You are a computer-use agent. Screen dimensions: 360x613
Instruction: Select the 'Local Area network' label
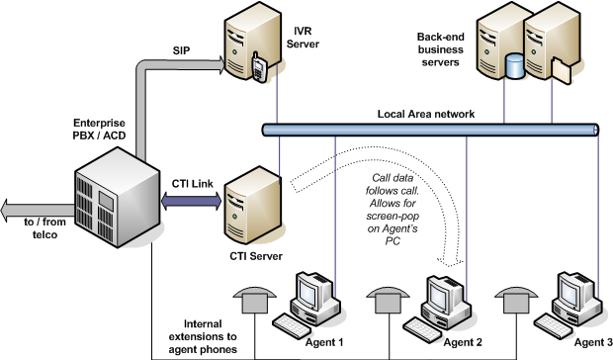427,114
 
